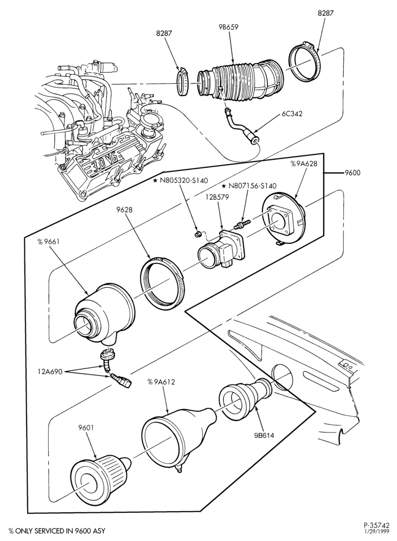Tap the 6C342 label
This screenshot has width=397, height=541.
pos(292,114)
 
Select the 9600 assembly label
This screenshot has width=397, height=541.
pos(352,173)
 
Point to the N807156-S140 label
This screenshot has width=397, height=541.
pos(249,186)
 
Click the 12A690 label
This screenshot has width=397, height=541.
pos(50,372)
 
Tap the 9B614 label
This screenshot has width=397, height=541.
pos(264,435)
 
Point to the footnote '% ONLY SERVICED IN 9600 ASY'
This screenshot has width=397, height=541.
pos(57,531)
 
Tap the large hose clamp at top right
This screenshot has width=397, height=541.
pos(305,61)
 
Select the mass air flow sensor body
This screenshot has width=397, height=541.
pos(221,250)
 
